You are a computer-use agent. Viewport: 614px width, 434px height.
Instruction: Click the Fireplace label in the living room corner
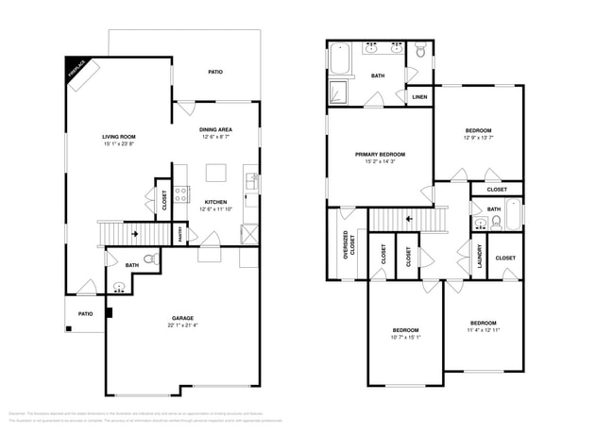point(77,69)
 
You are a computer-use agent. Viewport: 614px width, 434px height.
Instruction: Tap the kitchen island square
point(216,173)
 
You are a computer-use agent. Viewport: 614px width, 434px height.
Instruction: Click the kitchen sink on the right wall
point(251,180)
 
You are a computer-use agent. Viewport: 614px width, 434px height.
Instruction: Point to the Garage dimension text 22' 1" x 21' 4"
point(183,325)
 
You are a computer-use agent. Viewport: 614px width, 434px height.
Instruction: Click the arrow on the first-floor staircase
point(135,231)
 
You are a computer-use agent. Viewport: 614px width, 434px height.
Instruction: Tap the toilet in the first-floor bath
point(148,256)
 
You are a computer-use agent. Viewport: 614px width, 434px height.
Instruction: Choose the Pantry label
point(181,233)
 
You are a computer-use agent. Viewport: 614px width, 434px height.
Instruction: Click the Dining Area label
point(215,130)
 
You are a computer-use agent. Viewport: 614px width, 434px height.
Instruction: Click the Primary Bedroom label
point(380,154)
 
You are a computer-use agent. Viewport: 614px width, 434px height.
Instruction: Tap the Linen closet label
point(419,96)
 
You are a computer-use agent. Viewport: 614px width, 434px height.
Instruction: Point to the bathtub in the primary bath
point(340,59)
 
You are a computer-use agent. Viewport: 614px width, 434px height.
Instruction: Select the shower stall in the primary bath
point(338,92)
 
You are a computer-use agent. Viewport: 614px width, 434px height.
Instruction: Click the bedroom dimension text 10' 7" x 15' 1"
point(405,337)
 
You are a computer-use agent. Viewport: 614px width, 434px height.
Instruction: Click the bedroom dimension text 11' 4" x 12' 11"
point(483,330)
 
